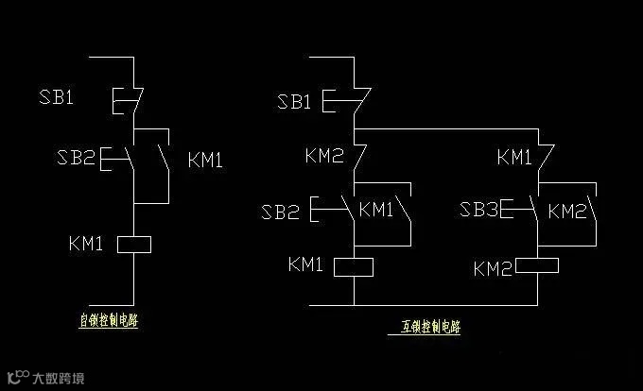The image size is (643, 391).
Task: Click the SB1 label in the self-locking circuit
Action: [x=56, y=97]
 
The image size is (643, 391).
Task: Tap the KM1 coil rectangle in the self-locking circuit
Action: [x=134, y=245]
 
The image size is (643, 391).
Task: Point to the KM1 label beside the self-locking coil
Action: [x=86, y=244]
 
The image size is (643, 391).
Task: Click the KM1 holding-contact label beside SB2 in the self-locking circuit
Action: [x=205, y=160]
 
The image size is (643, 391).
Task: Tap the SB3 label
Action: [x=479, y=211]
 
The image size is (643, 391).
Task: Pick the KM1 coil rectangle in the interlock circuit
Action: [x=355, y=266]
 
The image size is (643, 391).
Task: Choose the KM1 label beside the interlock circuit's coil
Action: [x=305, y=265]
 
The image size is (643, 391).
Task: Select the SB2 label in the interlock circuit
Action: [x=281, y=211]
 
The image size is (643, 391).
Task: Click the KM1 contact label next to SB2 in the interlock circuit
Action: [x=376, y=209]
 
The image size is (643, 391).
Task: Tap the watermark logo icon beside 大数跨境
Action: [x=17, y=378]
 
